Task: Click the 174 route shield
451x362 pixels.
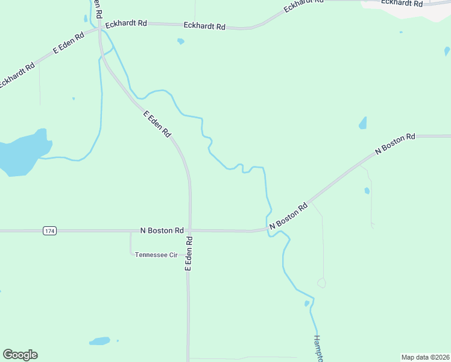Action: pyautogui.click(x=49, y=231)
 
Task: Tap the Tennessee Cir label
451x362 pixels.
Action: pyautogui.click(x=156, y=255)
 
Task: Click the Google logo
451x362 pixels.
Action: pyautogui.click(x=20, y=355)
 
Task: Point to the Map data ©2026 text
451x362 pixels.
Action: pyautogui.click(x=425, y=357)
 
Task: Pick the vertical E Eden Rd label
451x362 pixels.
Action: pyautogui.click(x=189, y=253)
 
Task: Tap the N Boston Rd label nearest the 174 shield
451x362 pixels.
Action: pyautogui.click(x=162, y=230)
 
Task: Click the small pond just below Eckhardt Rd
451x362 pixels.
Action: pyautogui.click(x=180, y=42)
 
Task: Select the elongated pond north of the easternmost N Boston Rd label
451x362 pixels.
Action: pyautogui.click(x=363, y=123)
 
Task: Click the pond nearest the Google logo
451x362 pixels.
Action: pyautogui.click(x=99, y=341)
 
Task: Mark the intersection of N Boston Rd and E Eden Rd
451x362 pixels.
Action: pyautogui.click(x=189, y=230)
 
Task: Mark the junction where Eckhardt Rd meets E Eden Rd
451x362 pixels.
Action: pyautogui.click(x=100, y=28)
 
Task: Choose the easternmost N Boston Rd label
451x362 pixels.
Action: pyautogui.click(x=395, y=145)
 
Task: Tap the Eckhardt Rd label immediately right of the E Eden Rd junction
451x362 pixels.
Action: pyautogui.click(x=126, y=24)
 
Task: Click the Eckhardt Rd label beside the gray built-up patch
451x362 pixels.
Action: pyautogui.click(x=401, y=3)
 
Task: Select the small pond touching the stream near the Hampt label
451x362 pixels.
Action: pyautogui.click(x=307, y=303)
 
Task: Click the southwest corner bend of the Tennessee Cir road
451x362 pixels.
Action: pyautogui.click(x=131, y=254)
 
